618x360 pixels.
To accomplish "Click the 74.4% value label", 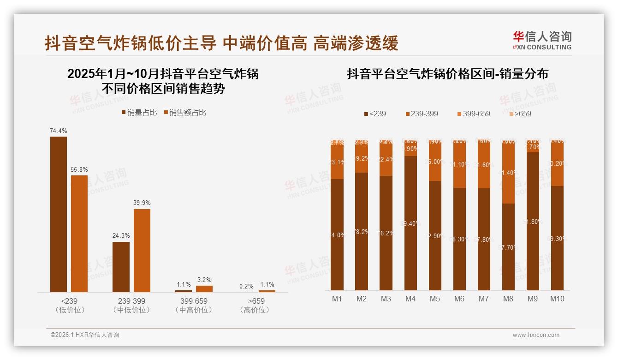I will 59,131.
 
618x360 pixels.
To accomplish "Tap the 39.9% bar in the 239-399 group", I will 142,250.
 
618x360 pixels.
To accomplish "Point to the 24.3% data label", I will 121,236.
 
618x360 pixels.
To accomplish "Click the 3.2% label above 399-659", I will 204,280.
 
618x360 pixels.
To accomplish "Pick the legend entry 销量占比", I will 139,112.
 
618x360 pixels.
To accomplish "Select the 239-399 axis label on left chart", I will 131,301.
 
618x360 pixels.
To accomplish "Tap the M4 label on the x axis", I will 410,299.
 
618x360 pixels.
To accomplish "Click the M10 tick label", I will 557,299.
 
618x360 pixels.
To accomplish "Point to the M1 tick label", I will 337,299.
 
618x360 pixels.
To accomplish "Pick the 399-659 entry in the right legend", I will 474,114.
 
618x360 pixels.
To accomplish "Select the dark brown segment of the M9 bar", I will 533,222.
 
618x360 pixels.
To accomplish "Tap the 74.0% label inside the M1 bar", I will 337,235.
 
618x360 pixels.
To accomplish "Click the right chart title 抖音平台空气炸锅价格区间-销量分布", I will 447,74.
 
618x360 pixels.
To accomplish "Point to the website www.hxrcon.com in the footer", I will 536,335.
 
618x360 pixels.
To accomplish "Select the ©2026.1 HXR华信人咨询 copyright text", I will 85,335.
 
